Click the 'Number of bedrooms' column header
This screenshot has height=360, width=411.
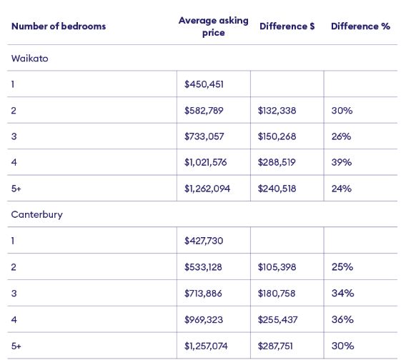[x=59, y=26]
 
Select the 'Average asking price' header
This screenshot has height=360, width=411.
[x=214, y=26]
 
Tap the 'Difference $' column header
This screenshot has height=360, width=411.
[x=287, y=26]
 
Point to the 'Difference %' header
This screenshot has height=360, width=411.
[x=360, y=26]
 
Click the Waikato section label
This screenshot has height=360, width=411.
[x=29, y=59]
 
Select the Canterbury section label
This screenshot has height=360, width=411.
[x=37, y=215]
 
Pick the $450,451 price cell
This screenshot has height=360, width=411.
[x=204, y=84]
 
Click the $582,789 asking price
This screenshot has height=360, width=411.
[x=204, y=111]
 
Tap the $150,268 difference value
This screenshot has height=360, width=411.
[x=277, y=136]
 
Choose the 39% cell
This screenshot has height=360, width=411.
[x=341, y=162]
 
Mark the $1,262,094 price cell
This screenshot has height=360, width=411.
[x=207, y=189]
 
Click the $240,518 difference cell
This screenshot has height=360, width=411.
[x=277, y=189]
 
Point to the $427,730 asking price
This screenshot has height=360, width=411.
[x=204, y=241]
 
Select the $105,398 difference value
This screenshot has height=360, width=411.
[x=277, y=267]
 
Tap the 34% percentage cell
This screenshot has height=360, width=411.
[x=342, y=293]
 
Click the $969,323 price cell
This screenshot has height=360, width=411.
[x=204, y=320]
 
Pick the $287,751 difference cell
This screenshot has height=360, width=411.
[x=275, y=346]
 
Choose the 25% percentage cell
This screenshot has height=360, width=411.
[x=342, y=267]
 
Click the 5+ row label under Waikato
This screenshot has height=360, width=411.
[x=16, y=189]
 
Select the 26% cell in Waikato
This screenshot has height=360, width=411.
[x=341, y=136]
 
